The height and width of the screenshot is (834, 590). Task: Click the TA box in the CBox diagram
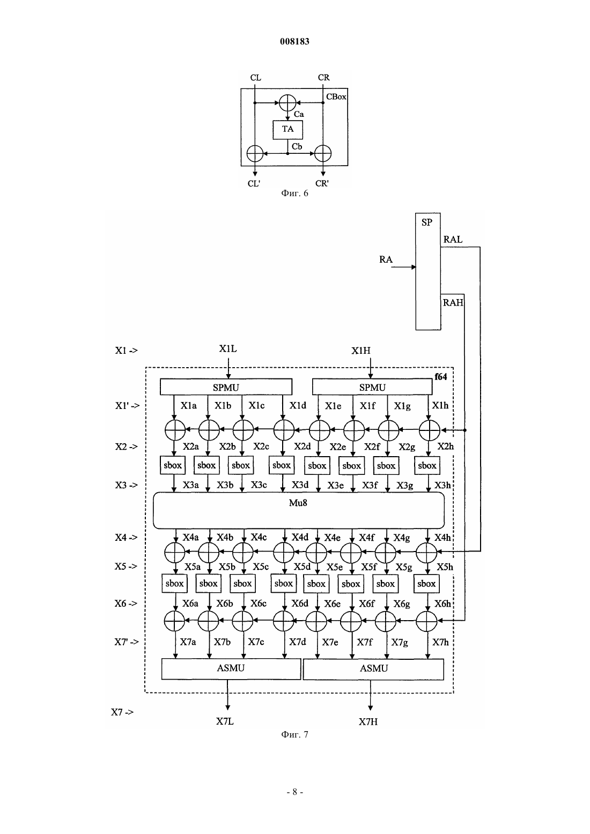click(287, 130)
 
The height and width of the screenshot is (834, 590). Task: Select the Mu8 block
click(298, 510)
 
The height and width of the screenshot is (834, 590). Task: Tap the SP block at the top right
click(428, 271)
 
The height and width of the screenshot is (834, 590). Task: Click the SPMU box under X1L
click(226, 387)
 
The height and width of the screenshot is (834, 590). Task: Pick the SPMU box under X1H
click(372, 387)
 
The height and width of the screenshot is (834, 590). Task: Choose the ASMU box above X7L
click(231, 669)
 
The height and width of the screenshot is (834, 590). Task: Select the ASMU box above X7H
click(374, 669)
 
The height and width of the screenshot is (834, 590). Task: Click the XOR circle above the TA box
click(287, 103)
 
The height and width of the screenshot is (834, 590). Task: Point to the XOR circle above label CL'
click(255, 153)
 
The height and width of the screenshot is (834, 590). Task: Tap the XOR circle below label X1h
click(430, 430)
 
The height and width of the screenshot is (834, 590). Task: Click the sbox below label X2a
click(173, 465)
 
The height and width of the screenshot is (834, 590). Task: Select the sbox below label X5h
click(426, 584)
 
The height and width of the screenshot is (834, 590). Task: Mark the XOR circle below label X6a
click(174, 621)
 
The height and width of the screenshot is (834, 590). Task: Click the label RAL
click(453, 240)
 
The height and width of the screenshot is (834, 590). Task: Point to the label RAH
click(453, 302)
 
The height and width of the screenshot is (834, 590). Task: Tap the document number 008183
click(294, 41)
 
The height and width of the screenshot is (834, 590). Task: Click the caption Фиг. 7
click(294, 734)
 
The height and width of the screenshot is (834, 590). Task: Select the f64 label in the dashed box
click(441, 376)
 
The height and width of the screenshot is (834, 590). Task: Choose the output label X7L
click(225, 721)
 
